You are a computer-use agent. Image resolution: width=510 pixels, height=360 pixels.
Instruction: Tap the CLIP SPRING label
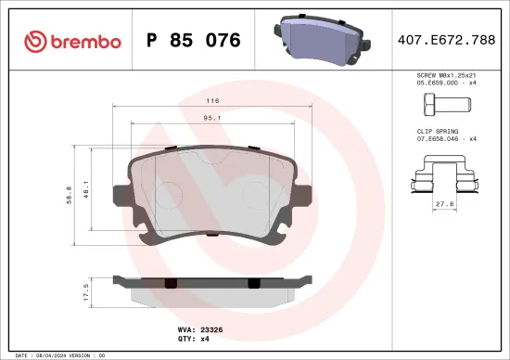[x=438, y=132]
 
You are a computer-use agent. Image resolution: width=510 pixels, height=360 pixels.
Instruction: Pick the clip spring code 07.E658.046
[x=436, y=139]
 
